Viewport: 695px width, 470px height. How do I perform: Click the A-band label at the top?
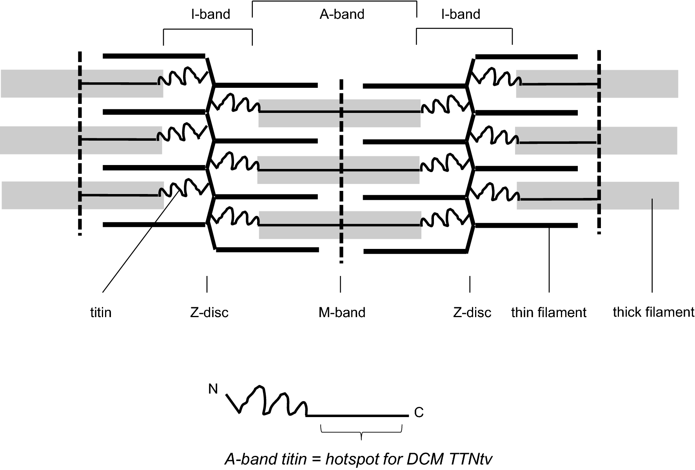pos(342,15)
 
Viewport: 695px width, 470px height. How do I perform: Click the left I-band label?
pos(210,15)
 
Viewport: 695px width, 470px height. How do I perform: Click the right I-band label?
pos(460,15)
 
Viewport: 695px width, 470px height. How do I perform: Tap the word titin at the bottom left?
pos(101,313)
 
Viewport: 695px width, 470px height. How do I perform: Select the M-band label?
pos(342,313)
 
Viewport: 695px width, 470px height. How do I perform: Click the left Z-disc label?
pos(209,313)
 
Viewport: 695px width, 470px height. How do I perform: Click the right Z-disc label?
pos(472,313)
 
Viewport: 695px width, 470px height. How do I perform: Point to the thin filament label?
pos(548,313)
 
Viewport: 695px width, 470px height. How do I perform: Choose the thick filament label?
pos(653,312)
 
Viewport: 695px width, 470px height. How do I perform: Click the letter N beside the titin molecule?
pos(213,389)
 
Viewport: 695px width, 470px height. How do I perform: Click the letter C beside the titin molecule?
pos(419,413)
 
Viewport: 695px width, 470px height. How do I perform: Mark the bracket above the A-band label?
pos(334,2)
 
